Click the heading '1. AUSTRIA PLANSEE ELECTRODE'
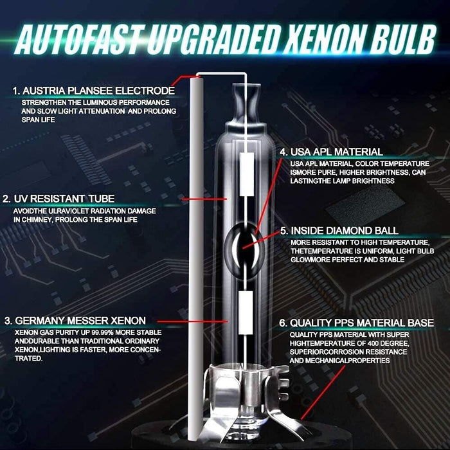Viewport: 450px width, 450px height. (93, 90)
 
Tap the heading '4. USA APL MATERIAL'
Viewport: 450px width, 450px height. (330, 152)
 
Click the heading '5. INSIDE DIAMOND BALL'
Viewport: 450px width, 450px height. (338, 230)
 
